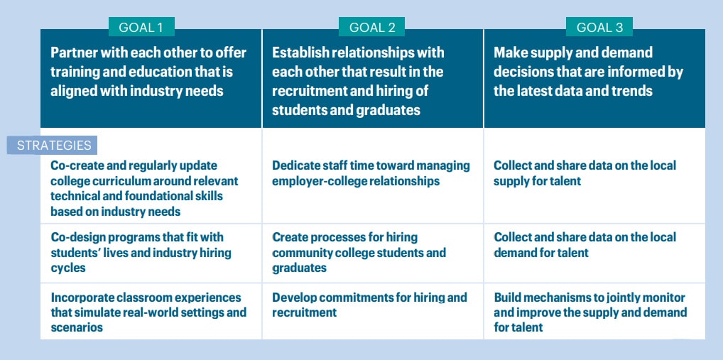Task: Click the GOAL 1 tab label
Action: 141,27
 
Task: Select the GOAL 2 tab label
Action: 371,27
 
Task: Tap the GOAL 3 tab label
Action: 599,27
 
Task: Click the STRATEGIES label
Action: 52,145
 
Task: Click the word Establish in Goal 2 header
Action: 298,53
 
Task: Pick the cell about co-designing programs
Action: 151,253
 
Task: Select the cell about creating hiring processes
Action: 373,253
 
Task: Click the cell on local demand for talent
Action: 594,253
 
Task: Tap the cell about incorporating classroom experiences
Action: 151,312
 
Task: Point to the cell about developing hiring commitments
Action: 373,312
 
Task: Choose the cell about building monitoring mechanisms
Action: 594,312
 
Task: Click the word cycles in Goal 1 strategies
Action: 68,268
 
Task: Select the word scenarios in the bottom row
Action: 77,328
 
